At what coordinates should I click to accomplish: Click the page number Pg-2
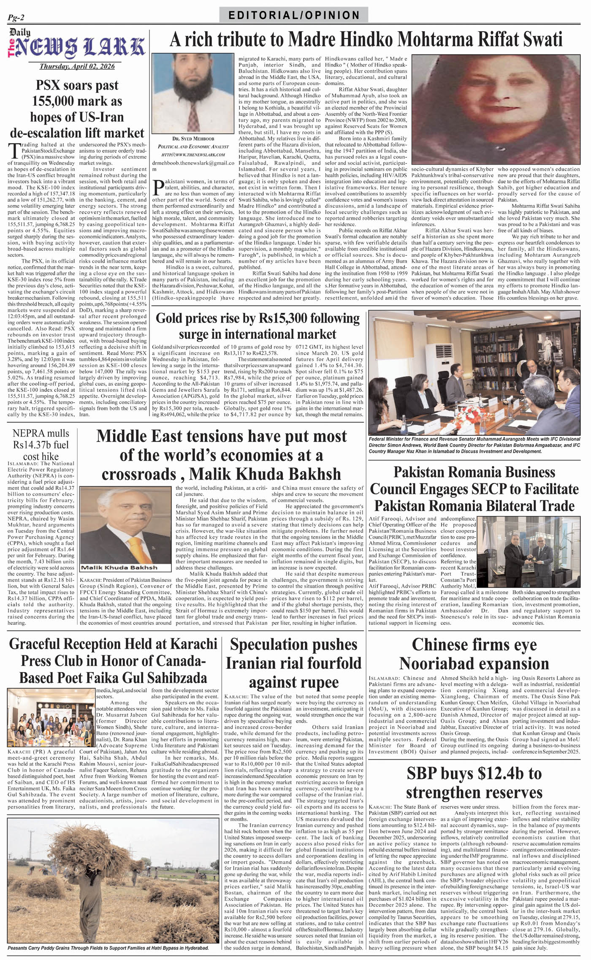click(x=16, y=17)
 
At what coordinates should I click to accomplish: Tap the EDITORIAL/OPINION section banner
click(x=294, y=16)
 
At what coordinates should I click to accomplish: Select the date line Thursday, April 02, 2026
click(x=77, y=67)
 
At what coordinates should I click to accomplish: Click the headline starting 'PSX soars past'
click(x=77, y=109)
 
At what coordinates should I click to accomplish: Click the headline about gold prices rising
click(x=258, y=326)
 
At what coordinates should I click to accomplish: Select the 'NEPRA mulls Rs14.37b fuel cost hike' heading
click(x=41, y=445)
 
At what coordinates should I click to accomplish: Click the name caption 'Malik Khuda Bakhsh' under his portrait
click(x=119, y=568)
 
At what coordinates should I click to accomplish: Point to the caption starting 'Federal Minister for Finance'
click(x=474, y=445)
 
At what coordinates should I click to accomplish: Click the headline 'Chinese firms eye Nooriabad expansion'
click(x=474, y=654)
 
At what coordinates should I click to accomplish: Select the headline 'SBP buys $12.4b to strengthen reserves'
click(x=474, y=783)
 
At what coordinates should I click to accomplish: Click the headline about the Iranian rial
click(x=293, y=663)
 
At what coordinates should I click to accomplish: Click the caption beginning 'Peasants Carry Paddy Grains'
click(x=108, y=948)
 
